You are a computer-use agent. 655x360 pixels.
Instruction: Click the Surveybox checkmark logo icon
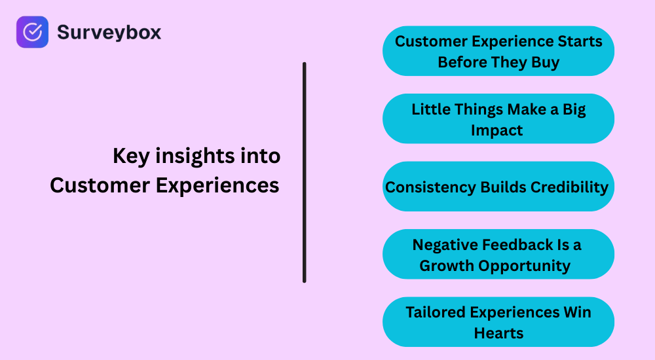pyautogui.click(x=32, y=32)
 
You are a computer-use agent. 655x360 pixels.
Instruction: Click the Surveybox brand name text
pyautogui.click(x=109, y=32)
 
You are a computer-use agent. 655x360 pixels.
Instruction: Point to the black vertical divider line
pyautogui.click(x=305, y=172)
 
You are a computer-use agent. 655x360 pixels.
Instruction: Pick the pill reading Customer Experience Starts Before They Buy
pyautogui.click(x=498, y=51)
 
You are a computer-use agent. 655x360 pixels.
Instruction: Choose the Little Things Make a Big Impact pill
pyautogui.click(x=498, y=118)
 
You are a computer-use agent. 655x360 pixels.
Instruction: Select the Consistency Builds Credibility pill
pyautogui.click(x=498, y=187)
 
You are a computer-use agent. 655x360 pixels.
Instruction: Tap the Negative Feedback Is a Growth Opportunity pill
pyautogui.click(x=498, y=254)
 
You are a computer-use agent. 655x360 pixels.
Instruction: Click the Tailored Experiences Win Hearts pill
pyautogui.click(x=498, y=322)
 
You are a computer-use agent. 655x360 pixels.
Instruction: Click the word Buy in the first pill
pyautogui.click(x=546, y=63)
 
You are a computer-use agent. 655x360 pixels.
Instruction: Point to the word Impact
pyautogui.click(x=497, y=130)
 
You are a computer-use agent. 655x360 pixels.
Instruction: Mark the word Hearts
pyautogui.click(x=498, y=333)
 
